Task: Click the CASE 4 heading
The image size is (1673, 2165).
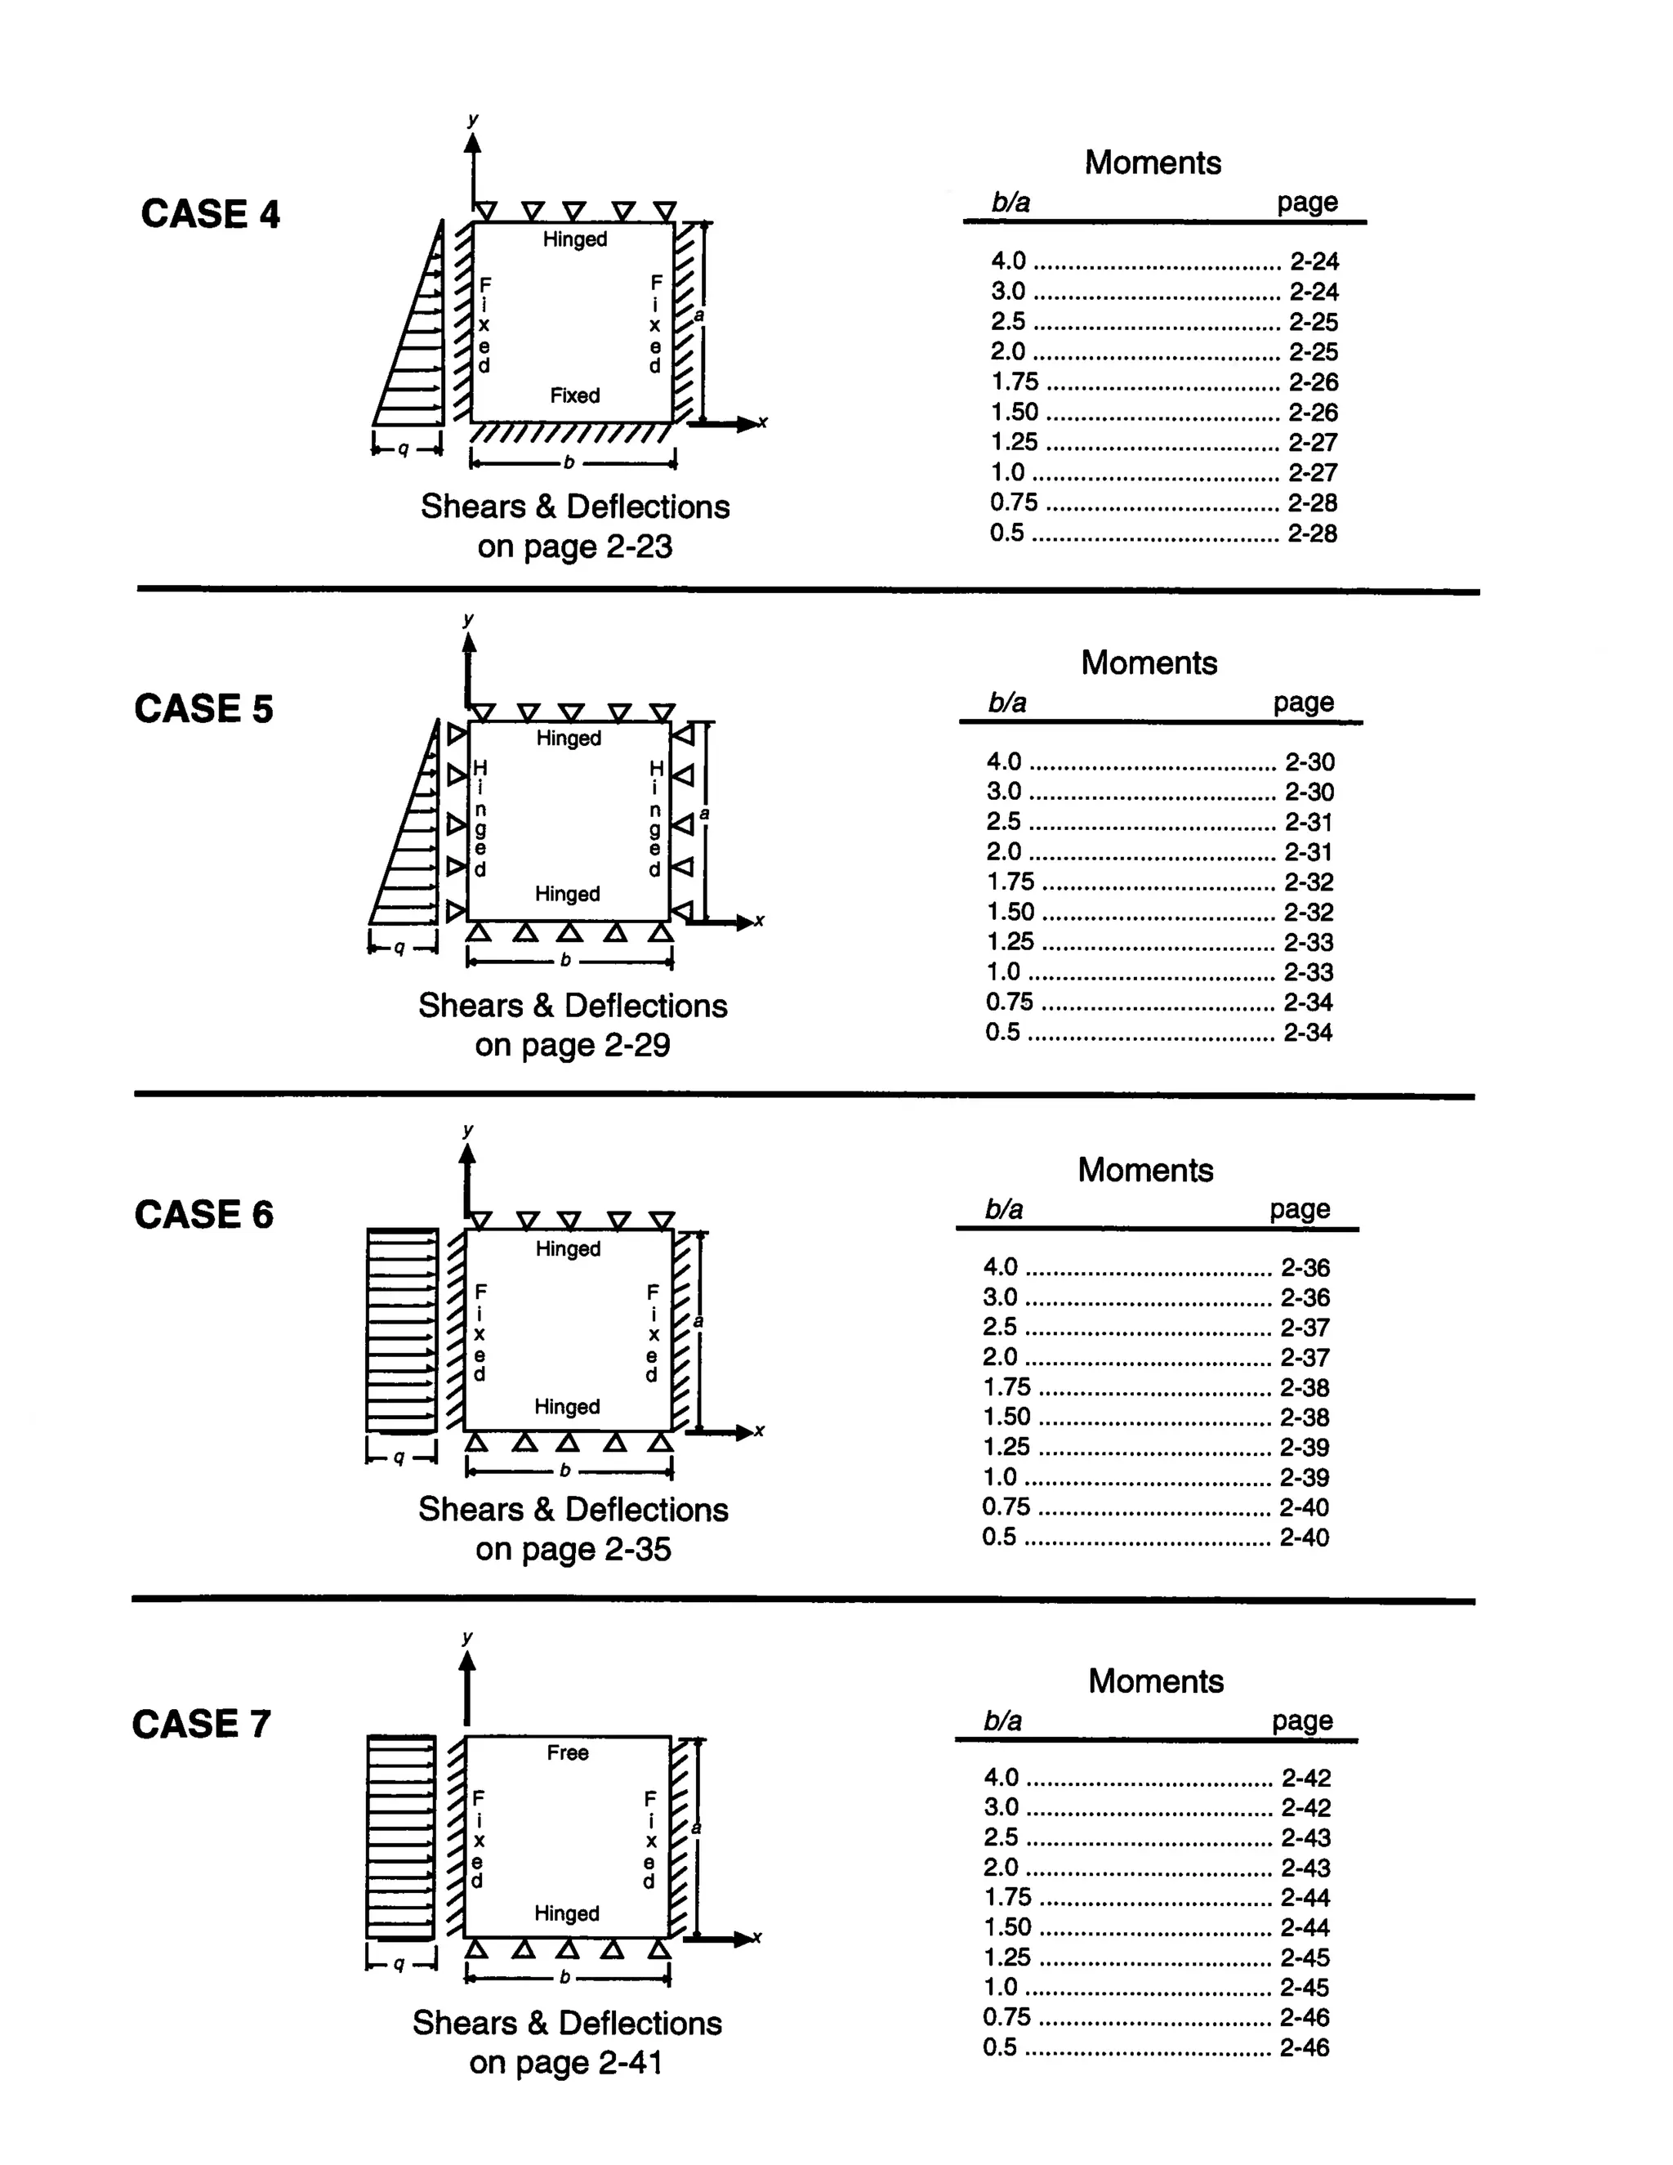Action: pyautogui.click(x=210, y=214)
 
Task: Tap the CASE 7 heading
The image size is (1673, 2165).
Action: pyautogui.click(x=201, y=1724)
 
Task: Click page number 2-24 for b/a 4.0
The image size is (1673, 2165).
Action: pyautogui.click(x=1314, y=261)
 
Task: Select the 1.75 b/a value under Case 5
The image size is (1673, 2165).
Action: pyautogui.click(x=1010, y=882)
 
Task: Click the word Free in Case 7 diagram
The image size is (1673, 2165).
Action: pyautogui.click(x=567, y=1752)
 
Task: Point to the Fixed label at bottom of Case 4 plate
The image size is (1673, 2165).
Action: pyautogui.click(x=575, y=395)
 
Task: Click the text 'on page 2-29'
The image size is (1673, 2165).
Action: pyautogui.click(x=572, y=1045)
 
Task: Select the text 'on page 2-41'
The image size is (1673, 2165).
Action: pyautogui.click(x=566, y=2063)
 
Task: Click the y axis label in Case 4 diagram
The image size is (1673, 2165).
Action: pyautogui.click(x=473, y=120)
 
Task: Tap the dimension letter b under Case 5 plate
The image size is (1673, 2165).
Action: pyautogui.click(x=565, y=960)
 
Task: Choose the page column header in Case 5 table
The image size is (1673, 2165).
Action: pyautogui.click(x=1303, y=702)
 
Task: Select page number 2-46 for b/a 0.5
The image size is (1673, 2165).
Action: pyautogui.click(x=1305, y=2047)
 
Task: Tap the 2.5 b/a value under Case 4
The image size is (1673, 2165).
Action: pyautogui.click(x=1008, y=321)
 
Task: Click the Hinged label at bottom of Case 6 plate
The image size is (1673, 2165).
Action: pyautogui.click(x=567, y=1407)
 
